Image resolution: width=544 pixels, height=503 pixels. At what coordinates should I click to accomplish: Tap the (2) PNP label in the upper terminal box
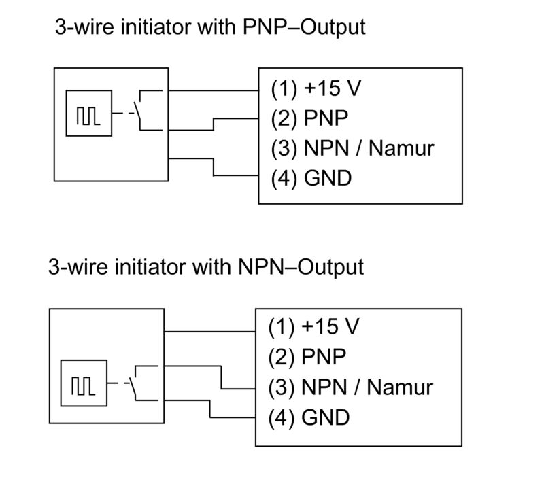coord(309,118)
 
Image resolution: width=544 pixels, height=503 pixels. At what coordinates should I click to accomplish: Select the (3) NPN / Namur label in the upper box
coord(352,148)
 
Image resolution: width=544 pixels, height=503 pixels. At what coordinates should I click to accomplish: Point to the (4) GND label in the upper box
coord(311,179)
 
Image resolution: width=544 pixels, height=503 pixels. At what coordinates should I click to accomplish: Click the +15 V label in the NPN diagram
coord(330,326)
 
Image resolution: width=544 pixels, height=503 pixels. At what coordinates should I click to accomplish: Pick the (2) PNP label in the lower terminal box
coord(307,357)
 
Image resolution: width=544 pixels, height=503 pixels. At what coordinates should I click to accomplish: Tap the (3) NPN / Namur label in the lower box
coord(350,387)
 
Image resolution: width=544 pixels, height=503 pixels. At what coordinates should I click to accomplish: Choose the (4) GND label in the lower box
coord(309,417)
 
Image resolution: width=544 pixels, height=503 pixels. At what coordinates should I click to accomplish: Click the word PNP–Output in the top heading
coord(304,27)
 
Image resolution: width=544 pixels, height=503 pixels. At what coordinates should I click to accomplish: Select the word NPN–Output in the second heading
coord(301,267)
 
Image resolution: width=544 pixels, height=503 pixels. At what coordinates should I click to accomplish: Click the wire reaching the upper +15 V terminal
coord(214,90)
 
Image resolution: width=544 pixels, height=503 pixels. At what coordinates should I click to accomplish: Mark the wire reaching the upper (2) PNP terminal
coord(214,124)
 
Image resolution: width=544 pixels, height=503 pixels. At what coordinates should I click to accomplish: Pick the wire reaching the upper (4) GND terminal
coord(214,167)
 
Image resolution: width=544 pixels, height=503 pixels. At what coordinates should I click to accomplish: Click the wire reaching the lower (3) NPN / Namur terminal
coord(221,377)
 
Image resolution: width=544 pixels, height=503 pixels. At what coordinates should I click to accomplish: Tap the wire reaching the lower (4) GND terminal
coord(210,409)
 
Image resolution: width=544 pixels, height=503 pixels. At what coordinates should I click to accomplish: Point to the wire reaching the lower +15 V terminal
coord(210,332)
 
